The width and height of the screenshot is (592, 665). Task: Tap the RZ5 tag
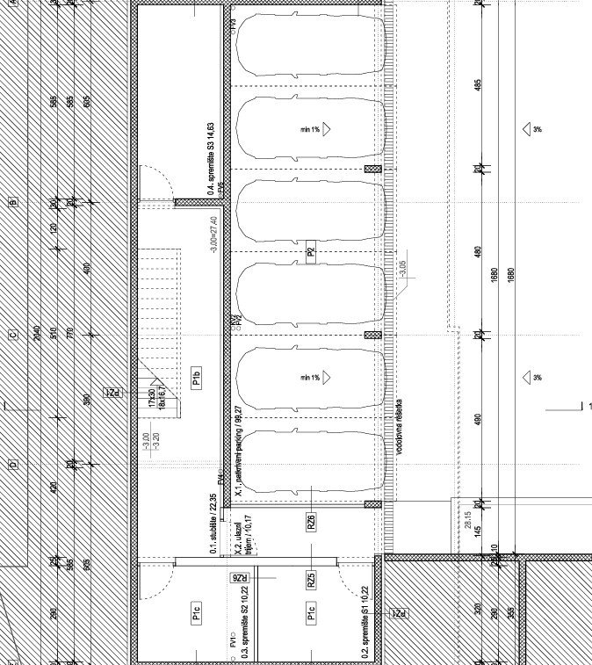(311, 580)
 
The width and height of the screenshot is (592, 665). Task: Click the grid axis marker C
(13, 335)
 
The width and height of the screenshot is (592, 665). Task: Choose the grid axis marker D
(13, 465)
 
